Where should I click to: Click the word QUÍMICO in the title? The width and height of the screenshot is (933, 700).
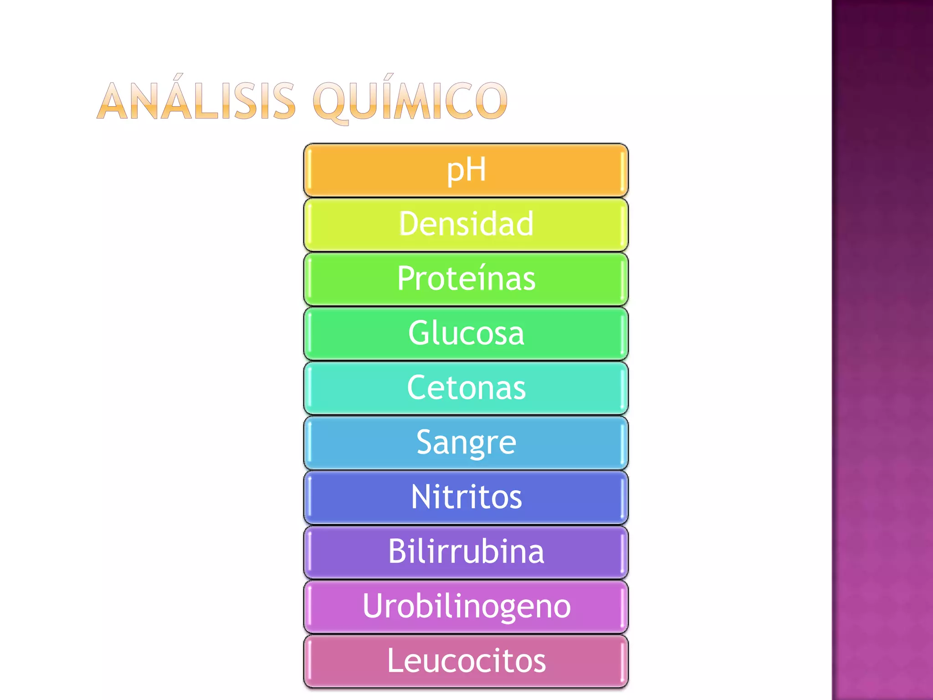click(410, 101)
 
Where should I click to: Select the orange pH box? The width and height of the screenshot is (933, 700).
click(466, 170)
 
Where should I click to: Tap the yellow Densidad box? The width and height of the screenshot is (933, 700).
click(466, 224)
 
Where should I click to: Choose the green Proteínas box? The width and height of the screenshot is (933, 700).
click(466, 279)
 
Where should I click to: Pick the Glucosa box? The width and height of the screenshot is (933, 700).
click(466, 334)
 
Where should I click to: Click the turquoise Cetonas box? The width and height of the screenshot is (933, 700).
click(466, 388)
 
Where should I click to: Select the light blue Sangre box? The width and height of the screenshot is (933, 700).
click(466, 443)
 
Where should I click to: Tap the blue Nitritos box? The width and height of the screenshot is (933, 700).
click(466, 498)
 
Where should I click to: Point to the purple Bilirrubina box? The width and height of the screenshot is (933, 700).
click(466, 552)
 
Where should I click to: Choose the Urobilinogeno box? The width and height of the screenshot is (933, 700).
click(466, 607)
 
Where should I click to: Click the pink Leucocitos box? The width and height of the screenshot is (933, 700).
click(466, 661)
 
